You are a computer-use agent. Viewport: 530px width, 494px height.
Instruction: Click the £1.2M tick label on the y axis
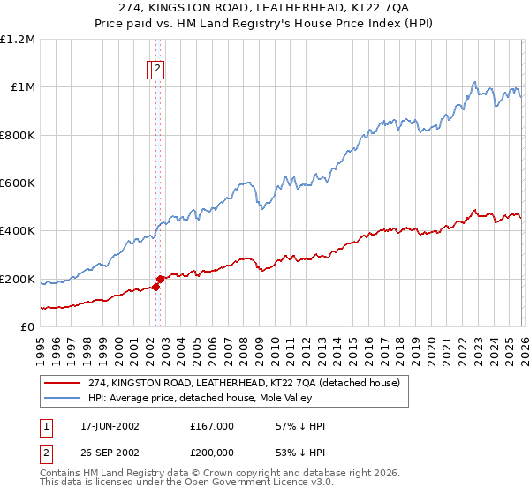click(18, 40)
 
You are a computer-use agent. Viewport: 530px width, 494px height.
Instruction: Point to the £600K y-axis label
click(18, 183)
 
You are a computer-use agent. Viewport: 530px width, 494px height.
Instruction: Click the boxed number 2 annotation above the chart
click(157, 69)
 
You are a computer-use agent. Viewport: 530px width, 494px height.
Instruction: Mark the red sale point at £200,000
click(160, 279)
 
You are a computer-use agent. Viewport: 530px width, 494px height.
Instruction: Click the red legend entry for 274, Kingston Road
click(244, 383)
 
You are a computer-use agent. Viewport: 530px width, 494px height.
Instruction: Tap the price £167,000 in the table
click(212, 426)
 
